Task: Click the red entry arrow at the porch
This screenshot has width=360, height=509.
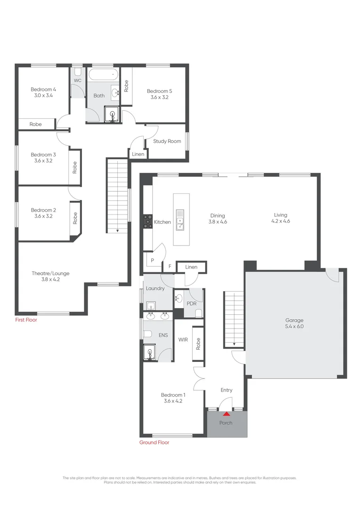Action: click(226, 414)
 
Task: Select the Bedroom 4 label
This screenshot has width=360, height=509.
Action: click(43, 89)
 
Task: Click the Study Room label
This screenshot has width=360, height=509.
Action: click(167, 141)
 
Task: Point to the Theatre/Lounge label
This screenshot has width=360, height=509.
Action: click(50, 273)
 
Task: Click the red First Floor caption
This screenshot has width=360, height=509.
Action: click(25, 320)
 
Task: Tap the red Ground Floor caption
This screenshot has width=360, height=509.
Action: click(154, 443)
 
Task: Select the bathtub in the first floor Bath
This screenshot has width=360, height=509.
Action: click(103, 74)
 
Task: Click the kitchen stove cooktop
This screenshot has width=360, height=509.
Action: click(147, 222)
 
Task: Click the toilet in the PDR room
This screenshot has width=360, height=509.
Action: click(198, 313)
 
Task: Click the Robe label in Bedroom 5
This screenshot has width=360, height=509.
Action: click(126, 85)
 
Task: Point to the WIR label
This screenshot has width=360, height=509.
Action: click(183, 339)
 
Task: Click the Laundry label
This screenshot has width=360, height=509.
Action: click(155, 288)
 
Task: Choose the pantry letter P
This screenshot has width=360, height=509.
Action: click(152, 260)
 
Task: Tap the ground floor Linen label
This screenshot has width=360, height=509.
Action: click(191, 267)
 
